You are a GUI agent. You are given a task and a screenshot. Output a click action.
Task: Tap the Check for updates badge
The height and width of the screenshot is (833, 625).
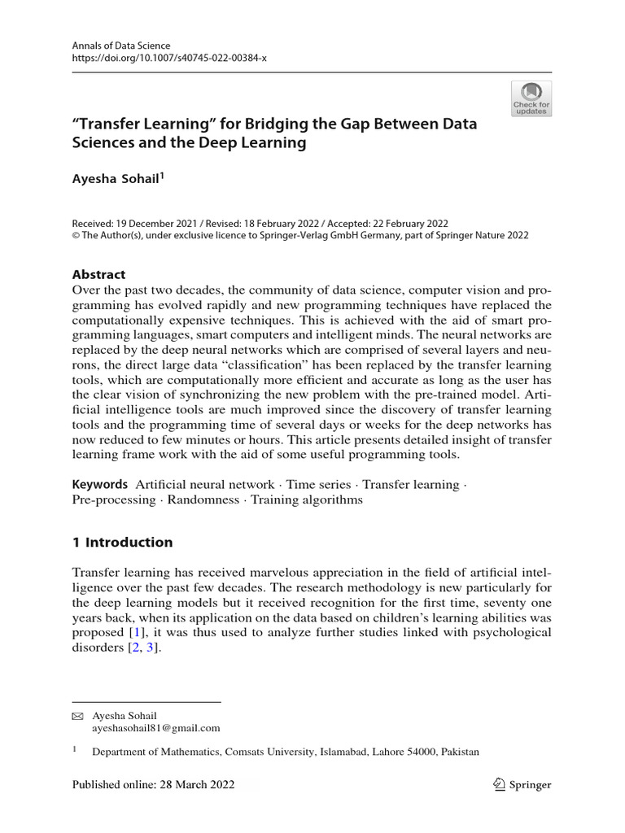pyautogui.click(x=531, y=98)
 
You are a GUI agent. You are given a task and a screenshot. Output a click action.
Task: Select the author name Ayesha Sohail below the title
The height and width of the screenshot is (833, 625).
pyautogui.click(x=117, y=184)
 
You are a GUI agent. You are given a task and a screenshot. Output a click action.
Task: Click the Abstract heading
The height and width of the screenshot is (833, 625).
pyautogui.click(x=99, y=274)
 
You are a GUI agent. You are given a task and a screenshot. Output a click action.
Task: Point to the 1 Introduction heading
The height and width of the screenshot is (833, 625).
pyautogui.click(x=122, y=543)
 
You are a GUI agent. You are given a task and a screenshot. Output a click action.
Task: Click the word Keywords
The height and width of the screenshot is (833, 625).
pyautogui.click(x=99, y=485)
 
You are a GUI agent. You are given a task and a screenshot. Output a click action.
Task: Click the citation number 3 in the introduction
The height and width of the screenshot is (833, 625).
pyautogui.click(x=149, y=648)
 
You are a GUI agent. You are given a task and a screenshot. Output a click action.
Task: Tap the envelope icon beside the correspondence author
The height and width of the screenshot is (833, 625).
pyautogui.click(x=78, y=716)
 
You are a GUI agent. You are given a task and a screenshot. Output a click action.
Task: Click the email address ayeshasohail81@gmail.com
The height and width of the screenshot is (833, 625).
pyautogui.click(x=156, y=729)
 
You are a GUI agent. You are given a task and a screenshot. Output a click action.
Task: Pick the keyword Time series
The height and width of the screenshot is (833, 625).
pyautogui.click(x=317, y=485)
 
